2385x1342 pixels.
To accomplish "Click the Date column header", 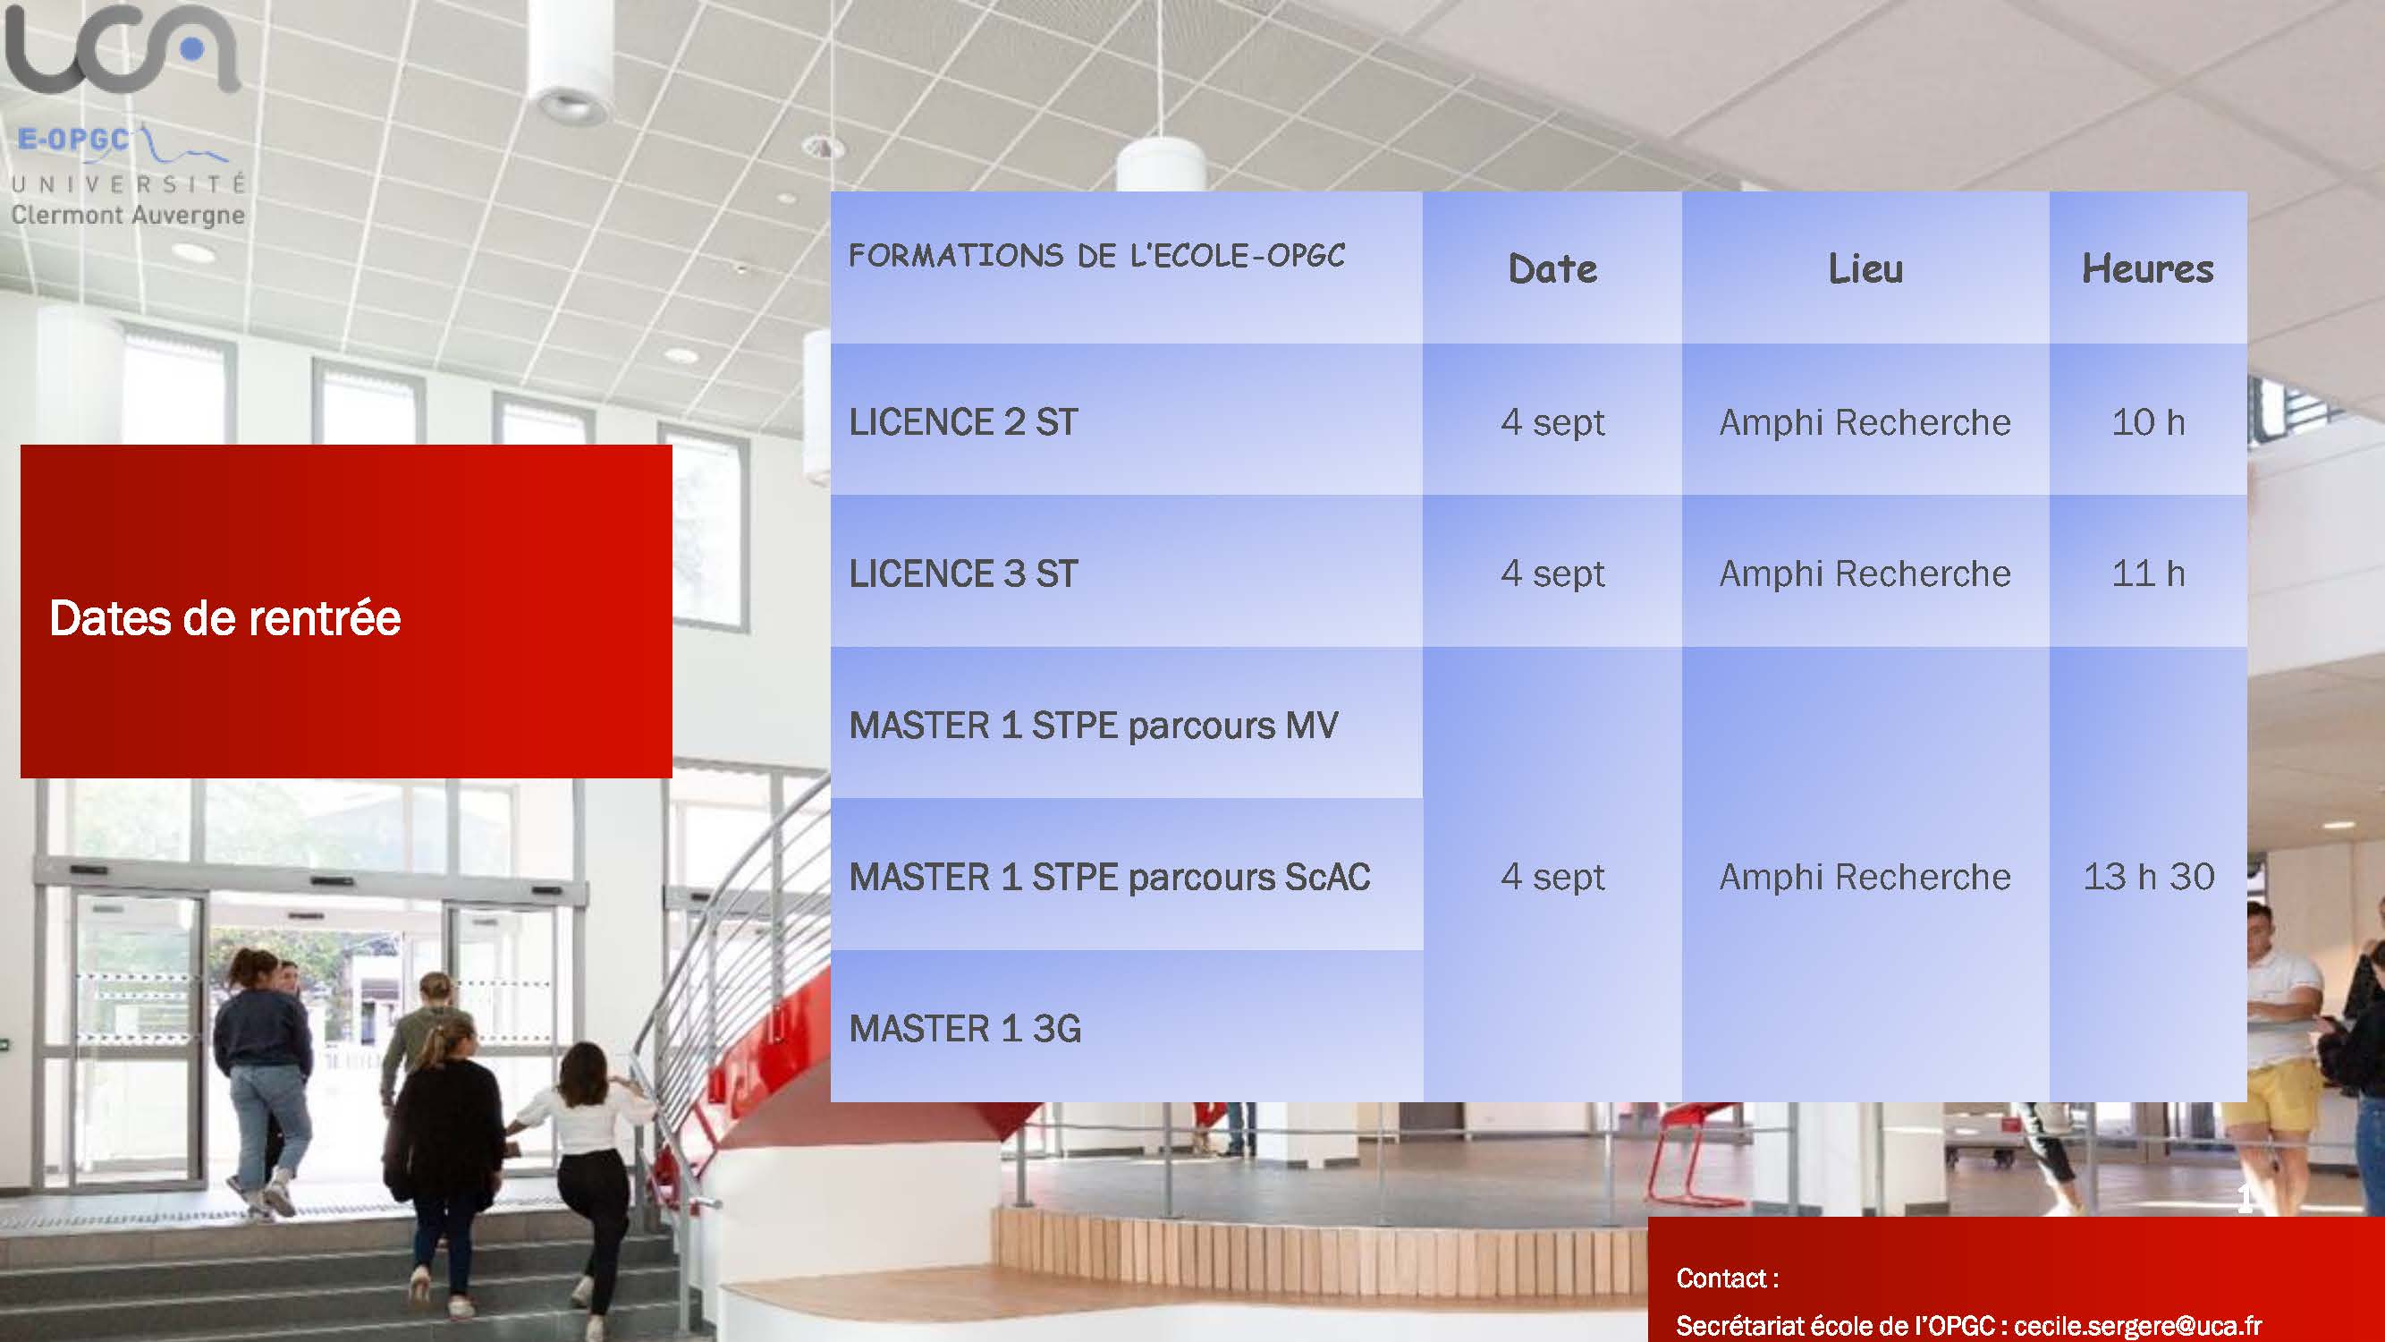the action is coord(1552,268).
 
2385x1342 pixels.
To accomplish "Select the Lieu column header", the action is coord(1865,268).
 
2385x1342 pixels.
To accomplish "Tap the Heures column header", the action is coord(2148,268).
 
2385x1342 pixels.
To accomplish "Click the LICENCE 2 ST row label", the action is coord(964,422).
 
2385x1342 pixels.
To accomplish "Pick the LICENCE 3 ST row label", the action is coord(964,574).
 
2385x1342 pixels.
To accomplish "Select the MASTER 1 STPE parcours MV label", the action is coord(1094,726).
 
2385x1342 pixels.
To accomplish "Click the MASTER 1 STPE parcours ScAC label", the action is coord(1110,877).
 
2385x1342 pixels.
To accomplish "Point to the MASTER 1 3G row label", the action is coord(965,1029).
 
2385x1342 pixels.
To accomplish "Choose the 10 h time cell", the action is coord(2148,422).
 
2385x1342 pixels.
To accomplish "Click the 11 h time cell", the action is coord(2148,574).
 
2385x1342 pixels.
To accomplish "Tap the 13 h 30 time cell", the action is coord(2148,877).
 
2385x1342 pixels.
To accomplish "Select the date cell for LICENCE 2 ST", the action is coord(1552,423).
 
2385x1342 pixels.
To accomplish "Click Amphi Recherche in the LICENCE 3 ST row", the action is coord(1865,574).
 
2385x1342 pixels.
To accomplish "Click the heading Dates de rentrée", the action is coord(225,617).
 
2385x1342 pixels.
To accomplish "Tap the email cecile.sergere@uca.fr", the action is coord(2138,1325).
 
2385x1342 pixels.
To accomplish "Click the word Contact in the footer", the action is coord(1721,1278).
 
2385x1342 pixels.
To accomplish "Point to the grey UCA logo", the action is coord(123,48).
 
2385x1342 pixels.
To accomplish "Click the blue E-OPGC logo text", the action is coord(73,140).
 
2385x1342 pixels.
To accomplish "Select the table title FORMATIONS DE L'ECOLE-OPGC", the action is coord(1096,256).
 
